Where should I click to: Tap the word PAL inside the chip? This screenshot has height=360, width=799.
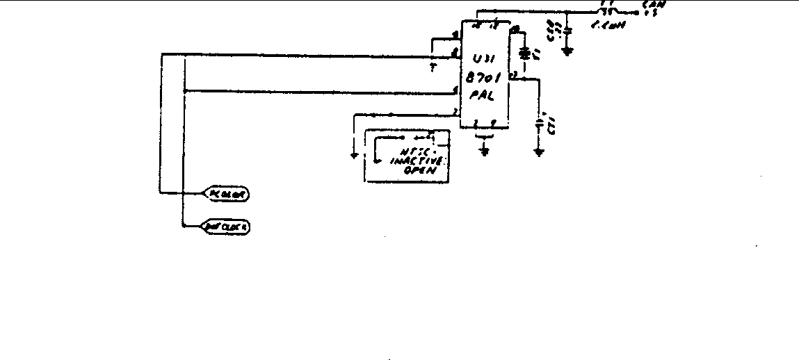pos(481,97)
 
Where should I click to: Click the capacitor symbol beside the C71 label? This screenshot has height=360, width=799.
pos(539,125)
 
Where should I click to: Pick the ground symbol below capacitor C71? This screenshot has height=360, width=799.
pos(539,149)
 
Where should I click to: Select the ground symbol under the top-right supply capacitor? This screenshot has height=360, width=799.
pos(567,50)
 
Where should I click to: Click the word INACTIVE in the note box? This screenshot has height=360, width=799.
pos(414,161)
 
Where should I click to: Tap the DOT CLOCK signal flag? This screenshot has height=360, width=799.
pos(226,227)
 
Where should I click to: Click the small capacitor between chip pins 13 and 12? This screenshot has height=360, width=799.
pos(525,52)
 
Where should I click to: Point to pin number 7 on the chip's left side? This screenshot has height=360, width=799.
pos(455,111)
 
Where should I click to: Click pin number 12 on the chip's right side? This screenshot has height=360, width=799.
pos(513,74)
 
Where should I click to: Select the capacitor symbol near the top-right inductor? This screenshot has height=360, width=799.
pos(567,31)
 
